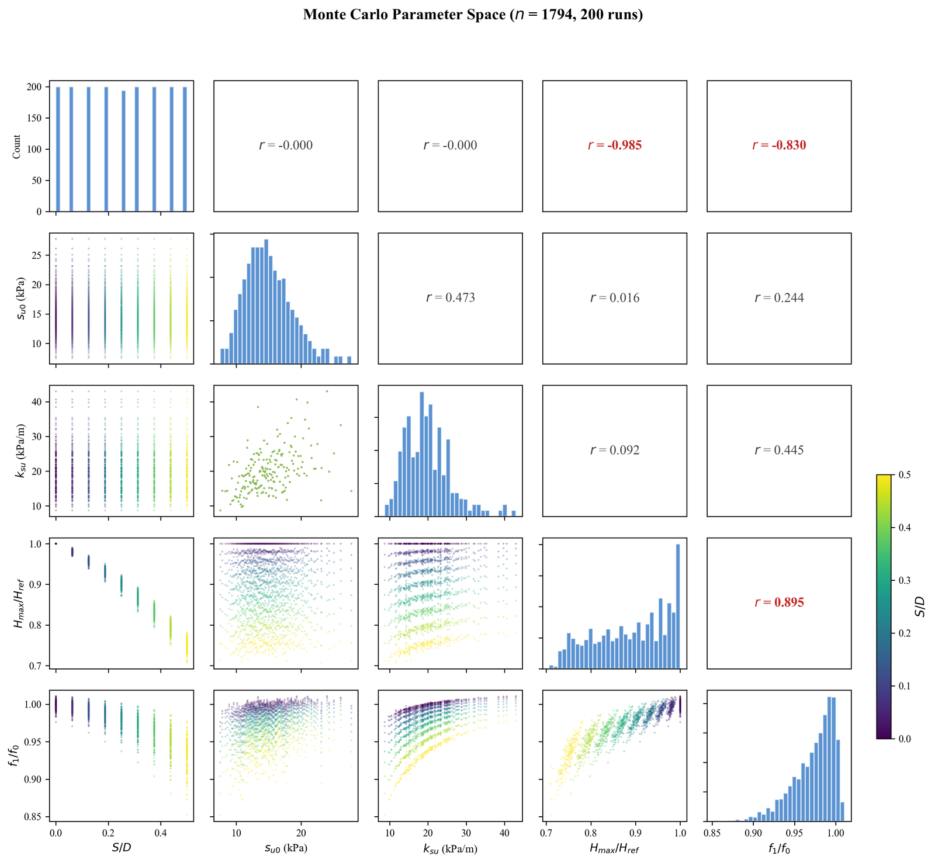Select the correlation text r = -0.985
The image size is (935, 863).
[x=615, y=145]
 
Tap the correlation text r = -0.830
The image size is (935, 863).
[x=779, y=145]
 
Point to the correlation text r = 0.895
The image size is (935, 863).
[x=779, y=602]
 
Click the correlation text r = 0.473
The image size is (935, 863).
[x=451, y=298]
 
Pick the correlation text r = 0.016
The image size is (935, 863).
[x=615, y=298]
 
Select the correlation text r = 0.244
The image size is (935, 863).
[x=779, y=298]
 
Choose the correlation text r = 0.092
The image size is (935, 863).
[x=615, y=450]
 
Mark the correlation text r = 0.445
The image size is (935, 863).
[x=779, y=450]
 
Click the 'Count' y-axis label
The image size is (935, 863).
[x=16, y=146]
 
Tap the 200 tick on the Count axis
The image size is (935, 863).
[x=36, y=87]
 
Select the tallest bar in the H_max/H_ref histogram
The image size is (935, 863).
[x=678, y=606]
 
